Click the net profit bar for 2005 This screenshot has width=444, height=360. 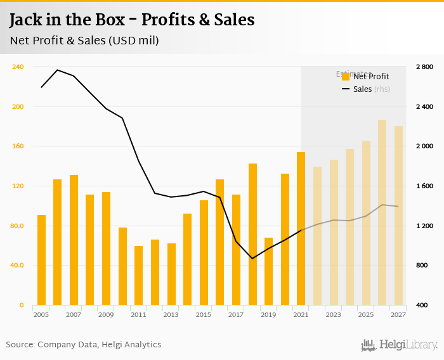41,260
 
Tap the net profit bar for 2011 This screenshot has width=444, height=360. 138,275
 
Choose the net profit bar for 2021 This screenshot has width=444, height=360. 301,228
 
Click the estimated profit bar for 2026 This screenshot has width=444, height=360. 382,212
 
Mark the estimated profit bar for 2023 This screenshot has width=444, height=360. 334,232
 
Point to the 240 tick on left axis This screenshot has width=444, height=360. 18,67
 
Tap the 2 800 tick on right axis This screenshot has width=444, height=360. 424,67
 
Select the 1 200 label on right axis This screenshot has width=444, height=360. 424,226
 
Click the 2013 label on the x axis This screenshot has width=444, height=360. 171,314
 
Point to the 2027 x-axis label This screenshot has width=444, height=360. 398,314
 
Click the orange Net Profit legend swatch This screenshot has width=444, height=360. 346,77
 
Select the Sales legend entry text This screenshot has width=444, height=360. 362,89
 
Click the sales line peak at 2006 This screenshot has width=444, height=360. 58,70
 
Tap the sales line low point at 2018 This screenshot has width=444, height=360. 252,259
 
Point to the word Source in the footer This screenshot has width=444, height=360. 20,345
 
